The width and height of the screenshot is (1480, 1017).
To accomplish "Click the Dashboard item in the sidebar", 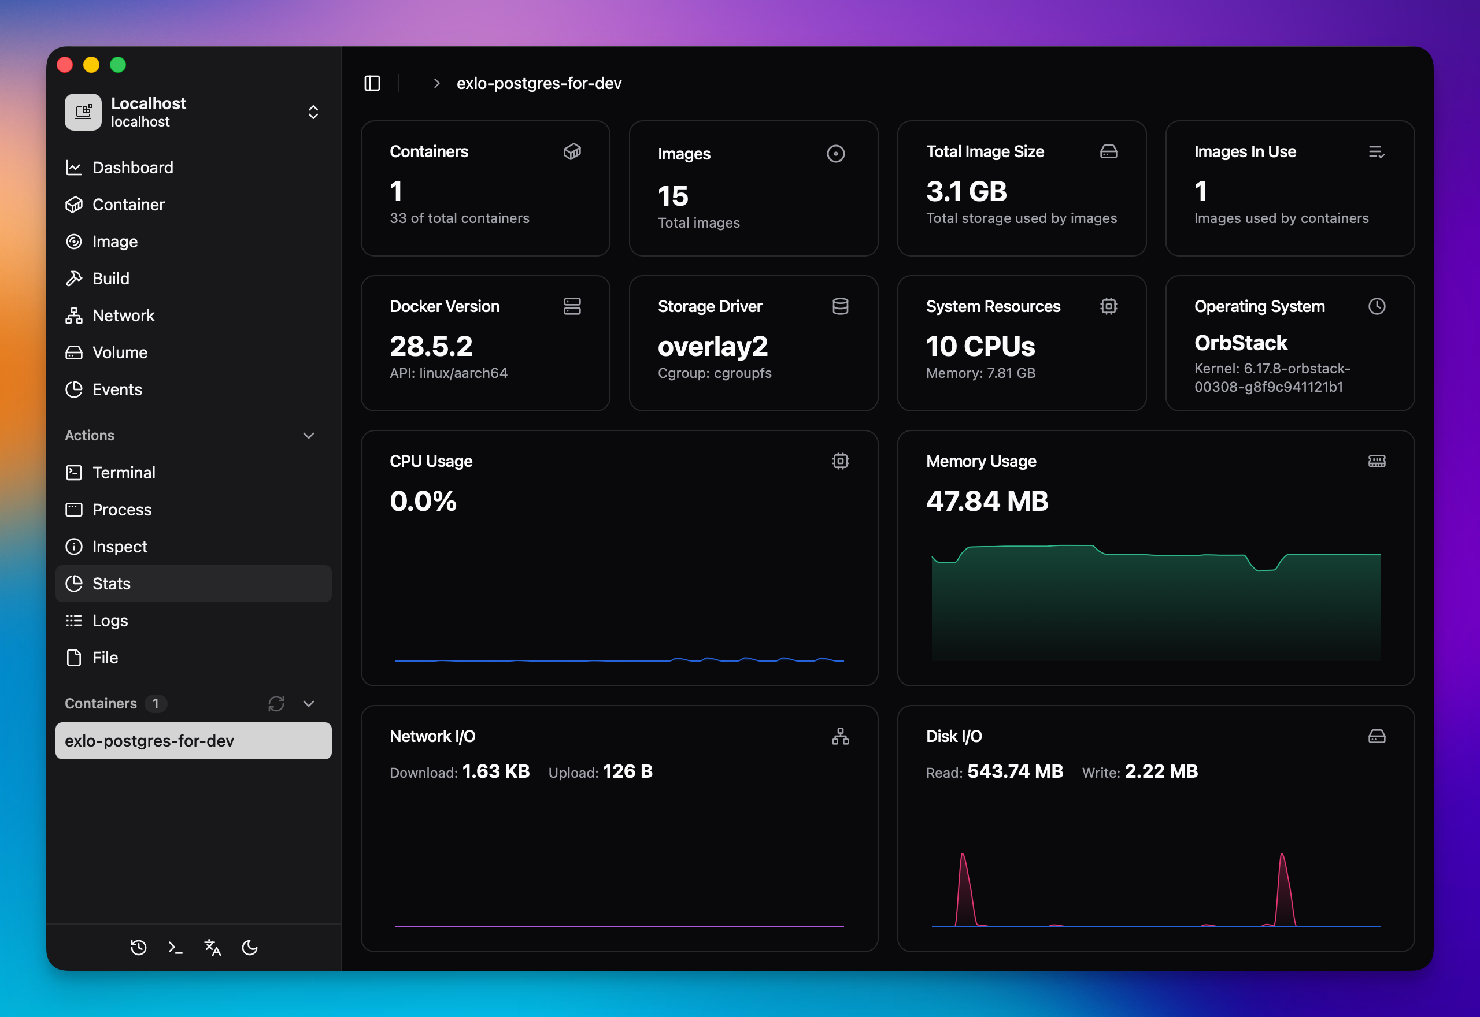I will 132,168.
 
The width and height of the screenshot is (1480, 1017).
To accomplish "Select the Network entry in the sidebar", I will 123,316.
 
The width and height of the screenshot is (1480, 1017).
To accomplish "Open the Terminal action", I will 124,473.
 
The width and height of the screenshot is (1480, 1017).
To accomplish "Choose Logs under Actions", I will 110,621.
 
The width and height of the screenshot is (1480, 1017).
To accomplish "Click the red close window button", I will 65,65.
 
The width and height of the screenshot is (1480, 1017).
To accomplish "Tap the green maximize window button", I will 118,65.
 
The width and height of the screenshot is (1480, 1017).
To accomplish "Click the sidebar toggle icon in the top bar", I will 372,83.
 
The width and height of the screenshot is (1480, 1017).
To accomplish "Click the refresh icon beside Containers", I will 276,703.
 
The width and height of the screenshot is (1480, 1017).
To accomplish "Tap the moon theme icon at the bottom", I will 250,948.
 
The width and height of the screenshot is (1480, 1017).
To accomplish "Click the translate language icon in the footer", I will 213,948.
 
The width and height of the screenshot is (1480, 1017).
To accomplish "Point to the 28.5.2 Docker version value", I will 431,347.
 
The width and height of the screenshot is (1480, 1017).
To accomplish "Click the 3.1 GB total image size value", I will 966,192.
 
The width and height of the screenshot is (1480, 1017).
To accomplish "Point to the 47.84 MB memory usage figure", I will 987,502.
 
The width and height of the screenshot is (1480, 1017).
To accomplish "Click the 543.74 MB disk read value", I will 1015,771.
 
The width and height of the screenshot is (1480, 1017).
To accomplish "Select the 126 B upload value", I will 627,771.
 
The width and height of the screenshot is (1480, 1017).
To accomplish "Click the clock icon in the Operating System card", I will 1377,306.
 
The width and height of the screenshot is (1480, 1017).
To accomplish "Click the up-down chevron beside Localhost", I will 313,112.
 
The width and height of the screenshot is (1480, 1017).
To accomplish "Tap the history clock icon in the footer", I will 138,948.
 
